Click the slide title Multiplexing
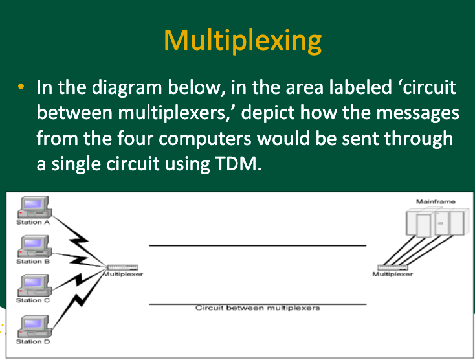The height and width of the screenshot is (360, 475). [x=243, y=40]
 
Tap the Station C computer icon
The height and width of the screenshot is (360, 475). [x=34, y=285]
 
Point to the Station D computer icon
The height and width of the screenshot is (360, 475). [x=34, y=325]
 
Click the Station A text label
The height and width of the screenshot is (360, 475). [x=33, y=222]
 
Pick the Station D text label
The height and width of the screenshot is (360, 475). [x=33, y=341]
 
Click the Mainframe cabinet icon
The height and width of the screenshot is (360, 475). [x=436, y=224]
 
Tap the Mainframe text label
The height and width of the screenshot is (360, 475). [x=436, y=201]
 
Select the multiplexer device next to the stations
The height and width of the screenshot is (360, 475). [x=122, y=267]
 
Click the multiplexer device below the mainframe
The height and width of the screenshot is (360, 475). [x=393, y=267]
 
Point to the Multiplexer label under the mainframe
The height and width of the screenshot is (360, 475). [x=393, y=274]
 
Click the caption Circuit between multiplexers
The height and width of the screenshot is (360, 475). [x=258, y=308]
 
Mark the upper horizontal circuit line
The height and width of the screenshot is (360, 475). [x=258, y=246]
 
